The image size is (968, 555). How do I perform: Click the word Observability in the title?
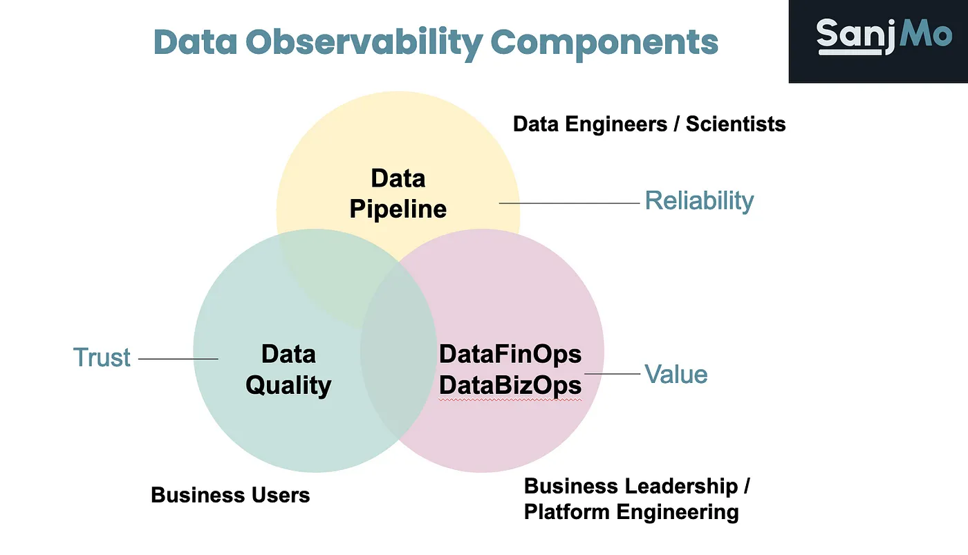pyautogui.click(x=364, y=43)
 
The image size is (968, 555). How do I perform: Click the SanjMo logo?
pyautogui.click(x=884, y=36)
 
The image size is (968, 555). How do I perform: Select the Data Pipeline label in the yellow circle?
pyautogui.click(x=398, y=194)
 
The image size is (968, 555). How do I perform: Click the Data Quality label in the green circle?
pyautogui.click(x=288, y=370)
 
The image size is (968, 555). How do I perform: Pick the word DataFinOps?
pyautogui.click(x=510, y=354)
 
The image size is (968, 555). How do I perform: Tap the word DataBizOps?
pyautogui.click(x=510, y=385)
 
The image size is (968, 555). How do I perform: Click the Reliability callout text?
pyautogui.click(x=699, y=201)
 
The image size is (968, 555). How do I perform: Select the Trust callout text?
pyautogui.click(x=102, y=357)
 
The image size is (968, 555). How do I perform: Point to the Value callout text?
pyautogui.click(x=676, y=374)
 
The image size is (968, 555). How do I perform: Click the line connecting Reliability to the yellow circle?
pyautogui.click(x=569, y=203)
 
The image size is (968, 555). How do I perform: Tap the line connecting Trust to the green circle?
pyautogui.click(x=178, y=359)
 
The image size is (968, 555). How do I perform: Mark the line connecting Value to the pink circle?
pyautogui.click(x=612, y=374)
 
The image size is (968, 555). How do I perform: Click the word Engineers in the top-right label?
pyautogui.click(x=616, y=124)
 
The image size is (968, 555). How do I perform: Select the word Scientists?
pyautogui.click(x=736, y=124)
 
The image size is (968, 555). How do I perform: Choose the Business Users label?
pyautogui.click(x=230, y=495)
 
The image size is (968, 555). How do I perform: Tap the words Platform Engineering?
pyautogui.click(x=631, y=512)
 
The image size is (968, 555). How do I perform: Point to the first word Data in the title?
pyautogui.click(x=195, y=42)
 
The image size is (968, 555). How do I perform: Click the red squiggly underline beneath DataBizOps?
pyautogui.click(x=510, y=400)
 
